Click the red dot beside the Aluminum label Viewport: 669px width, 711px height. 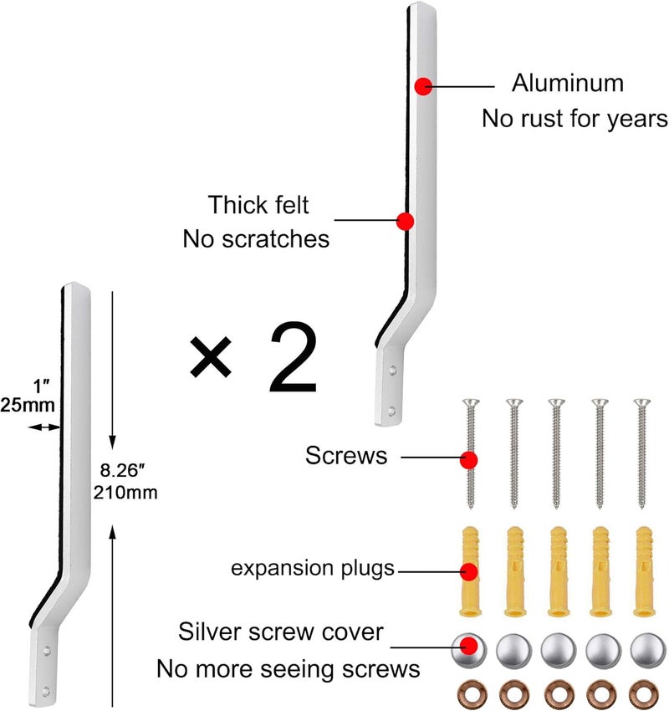pyautogui.click(x=424, y=85)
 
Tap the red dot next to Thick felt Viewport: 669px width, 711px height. pyautogui.click(x=405, y=222)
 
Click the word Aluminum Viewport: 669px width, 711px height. pyautogui.click(x=567, y=84)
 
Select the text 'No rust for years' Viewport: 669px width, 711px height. pyautogui.click(x=574, y=119)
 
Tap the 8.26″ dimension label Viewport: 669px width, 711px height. pyautogui.click(x=116, y=469)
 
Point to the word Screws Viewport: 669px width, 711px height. pyautogui.click(x=346, y=457)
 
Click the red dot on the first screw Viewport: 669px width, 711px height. pyautogui.click(x=469, y=459)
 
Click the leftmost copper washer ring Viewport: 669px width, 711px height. pyautogui.click(x=468, y=693)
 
